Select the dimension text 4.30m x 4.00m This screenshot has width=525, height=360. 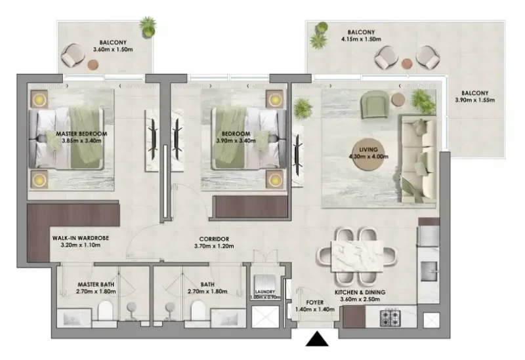point(364,157)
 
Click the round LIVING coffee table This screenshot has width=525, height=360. point(364,153)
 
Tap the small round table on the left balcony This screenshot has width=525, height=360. point(93,64)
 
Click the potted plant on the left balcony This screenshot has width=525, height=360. point(148,27)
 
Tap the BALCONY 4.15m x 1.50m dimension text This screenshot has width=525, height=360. point(361,39)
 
